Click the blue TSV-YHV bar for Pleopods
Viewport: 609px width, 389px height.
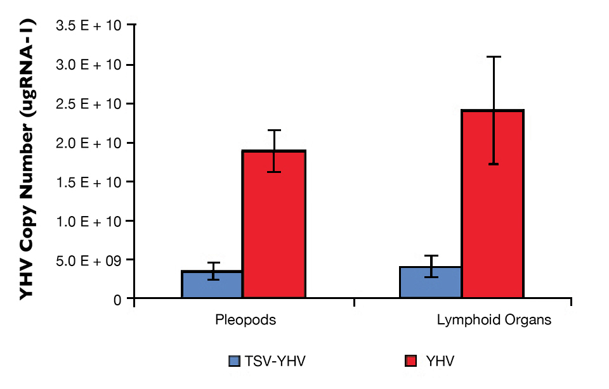(212, 285)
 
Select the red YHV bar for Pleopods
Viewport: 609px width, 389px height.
(274, 225)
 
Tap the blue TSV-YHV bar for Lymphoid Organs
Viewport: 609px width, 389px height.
(430, 283)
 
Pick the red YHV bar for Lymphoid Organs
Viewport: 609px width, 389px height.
(492, 204)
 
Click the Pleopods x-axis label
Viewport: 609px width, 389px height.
(246, 320)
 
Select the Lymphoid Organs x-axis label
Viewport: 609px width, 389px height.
(494, 320)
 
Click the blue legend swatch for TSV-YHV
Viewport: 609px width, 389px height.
(235, 361)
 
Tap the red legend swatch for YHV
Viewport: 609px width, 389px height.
(411, 361)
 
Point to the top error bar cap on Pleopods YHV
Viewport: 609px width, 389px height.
(274, 130)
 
